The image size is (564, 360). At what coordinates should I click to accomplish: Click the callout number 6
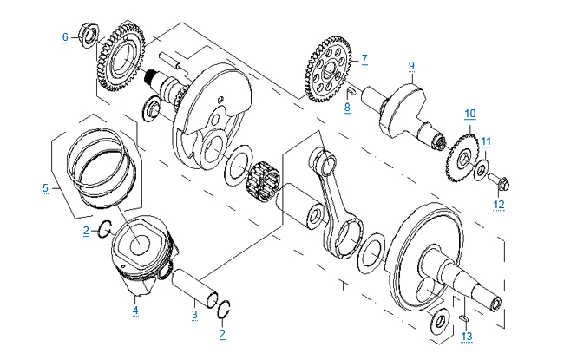tap(64, 36)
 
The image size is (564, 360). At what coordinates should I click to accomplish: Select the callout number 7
tap(364, 59)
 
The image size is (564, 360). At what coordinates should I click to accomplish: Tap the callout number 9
tap(411, 65)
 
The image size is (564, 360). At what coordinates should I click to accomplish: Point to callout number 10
tap(469, 113)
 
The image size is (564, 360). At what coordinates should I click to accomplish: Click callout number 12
tap(498, 205)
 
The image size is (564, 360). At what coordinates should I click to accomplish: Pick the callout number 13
tap(467, 336)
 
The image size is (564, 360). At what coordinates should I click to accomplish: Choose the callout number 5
tap(45, 187)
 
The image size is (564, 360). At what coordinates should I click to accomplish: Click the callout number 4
tap(135, 310)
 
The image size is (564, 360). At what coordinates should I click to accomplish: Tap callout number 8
tap(347, 107)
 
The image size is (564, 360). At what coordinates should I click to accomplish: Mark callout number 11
tap(487, 141)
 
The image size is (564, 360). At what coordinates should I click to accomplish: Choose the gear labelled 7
tap(328, 70)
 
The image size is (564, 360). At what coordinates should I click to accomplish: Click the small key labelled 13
tap(459, 317)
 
